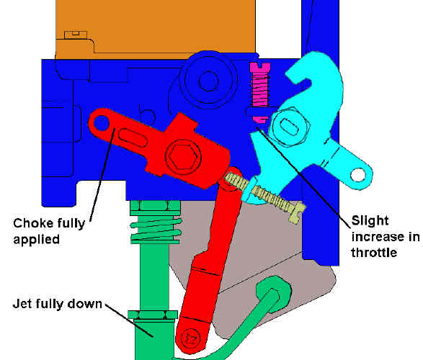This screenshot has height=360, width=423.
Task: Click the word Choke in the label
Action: pos(30,223)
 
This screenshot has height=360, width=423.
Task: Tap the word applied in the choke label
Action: pos(37,239)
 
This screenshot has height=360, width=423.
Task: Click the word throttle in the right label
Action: pos(374,253)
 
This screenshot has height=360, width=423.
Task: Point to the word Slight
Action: pos(370,221)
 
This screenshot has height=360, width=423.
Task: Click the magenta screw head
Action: pos(260,67)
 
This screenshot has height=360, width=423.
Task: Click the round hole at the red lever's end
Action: pos(101,123)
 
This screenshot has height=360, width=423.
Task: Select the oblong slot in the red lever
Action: pos(133,137)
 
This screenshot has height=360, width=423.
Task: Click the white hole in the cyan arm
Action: pos(358,175)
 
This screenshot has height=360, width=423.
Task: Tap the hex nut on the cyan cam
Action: pos(289,127)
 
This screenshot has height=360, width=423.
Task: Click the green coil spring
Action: pos(156,230)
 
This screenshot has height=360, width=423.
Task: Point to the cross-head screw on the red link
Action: pos(192,338)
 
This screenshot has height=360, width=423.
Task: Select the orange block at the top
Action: pos(156,28)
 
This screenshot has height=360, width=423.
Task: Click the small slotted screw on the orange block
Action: pos(76,35)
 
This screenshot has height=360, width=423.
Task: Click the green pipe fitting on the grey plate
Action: pos(274,294)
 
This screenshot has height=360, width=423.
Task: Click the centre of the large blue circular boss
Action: pos(208,81)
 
